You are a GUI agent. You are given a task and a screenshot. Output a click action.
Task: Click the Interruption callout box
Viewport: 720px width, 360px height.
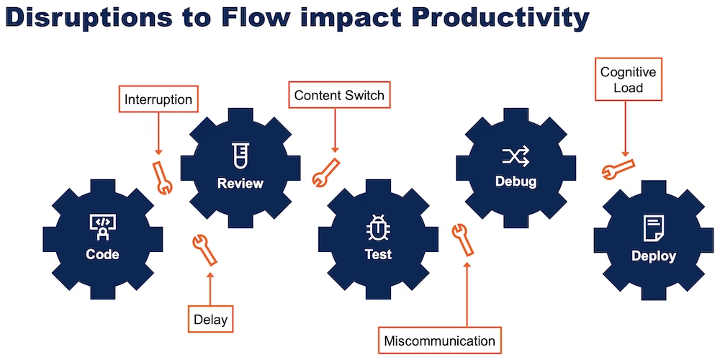[x=158, y=99]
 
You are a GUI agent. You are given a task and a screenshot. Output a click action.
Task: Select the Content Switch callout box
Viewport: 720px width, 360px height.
[x=339, y=95]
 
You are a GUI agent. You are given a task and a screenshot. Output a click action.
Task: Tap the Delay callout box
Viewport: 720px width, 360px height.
[x=210, y=318]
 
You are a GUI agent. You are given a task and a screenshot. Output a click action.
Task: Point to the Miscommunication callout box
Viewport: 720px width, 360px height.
[x=439, y=341]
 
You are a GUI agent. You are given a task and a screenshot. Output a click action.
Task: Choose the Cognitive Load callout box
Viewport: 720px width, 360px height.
[x=629, y=81]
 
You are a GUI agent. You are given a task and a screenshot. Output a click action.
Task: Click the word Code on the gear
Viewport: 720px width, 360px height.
[x=102, y=254]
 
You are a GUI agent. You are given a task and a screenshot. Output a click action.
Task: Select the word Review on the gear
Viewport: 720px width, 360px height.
[x=240, y=183]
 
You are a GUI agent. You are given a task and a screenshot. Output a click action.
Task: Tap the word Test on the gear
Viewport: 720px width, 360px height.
[x=378, y=254]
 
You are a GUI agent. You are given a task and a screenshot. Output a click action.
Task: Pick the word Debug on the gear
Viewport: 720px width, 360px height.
[x=516, y=181]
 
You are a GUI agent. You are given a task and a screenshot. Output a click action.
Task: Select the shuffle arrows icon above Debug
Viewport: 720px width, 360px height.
[x=516, y=155]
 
